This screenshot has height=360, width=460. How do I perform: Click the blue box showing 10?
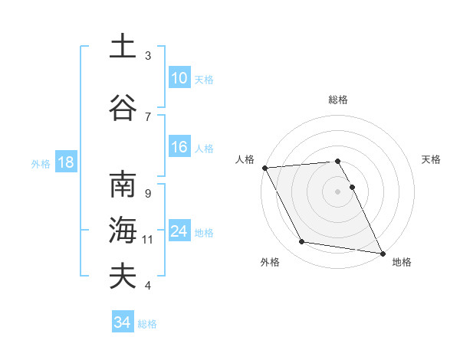(179, 78)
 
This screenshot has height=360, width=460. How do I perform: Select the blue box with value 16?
(179, 147)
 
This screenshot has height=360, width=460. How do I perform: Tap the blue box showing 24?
(179, 231)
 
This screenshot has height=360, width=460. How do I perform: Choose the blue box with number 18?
(65, 162)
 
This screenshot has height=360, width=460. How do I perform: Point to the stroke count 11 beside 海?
(149, 240)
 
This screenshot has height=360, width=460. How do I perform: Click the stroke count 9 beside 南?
(148, 194)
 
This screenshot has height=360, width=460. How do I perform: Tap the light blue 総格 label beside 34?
(147, 324)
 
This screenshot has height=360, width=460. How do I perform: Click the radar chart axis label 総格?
(338, 100)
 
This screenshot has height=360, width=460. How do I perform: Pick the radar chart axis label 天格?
(432, 159)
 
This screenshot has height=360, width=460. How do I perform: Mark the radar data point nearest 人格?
(264, 168)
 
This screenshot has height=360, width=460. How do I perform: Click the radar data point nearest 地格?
(382, 253)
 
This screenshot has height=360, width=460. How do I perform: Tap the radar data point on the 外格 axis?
(302, 242)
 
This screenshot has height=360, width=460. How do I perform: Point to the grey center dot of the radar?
(338, 191)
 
